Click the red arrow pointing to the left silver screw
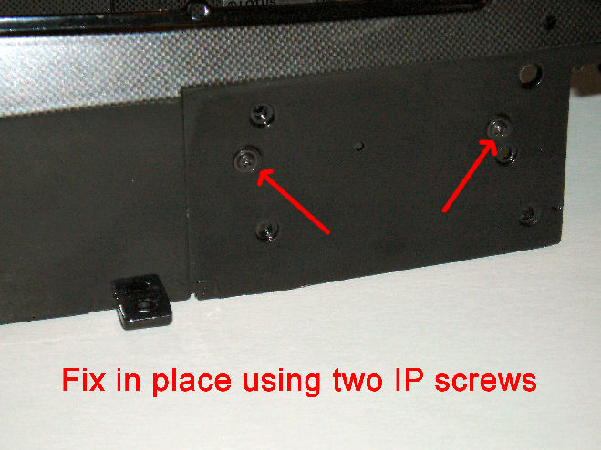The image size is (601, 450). coord(294,201)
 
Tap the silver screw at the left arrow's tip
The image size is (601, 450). coord(246,159)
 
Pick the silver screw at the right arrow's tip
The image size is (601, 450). coord(499,128)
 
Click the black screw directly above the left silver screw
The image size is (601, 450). coord(262,115)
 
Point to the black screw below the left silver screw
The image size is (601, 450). coord(267,230)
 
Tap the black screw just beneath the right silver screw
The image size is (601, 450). coord(507,154)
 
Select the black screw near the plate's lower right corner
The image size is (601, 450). coord(529,217)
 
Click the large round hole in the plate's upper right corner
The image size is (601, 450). coord(531,75)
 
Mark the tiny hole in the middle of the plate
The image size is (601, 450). coord(359,146)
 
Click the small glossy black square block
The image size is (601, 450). coord(141,301)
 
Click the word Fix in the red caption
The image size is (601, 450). coord(83,380)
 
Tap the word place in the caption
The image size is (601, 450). coord(192,382)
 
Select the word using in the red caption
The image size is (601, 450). coord(282,382)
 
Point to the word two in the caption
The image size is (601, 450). coord(357,380)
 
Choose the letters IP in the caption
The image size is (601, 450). coord(409,380)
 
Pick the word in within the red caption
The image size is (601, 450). coord(129,380)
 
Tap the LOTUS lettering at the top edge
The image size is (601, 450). coord(252,3)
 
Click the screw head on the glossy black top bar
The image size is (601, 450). coord(198,10)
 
